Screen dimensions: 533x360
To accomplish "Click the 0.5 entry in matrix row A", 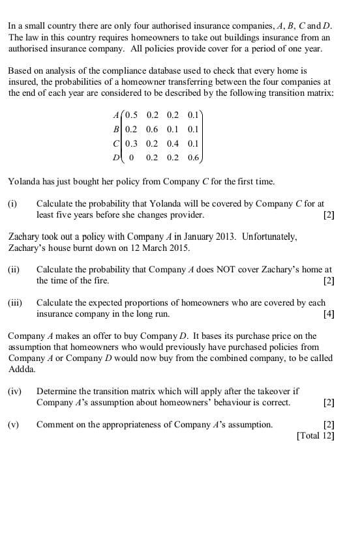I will [x=131, y=115].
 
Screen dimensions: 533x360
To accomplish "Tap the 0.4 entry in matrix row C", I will [x=173, y=143].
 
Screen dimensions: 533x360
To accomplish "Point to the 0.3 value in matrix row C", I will [x=131, y=143].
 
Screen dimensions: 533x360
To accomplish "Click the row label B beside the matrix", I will [x=116, y=129].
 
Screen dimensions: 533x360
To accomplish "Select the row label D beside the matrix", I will [x=116, y=157].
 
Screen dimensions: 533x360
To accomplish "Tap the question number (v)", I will [x=14, y=425].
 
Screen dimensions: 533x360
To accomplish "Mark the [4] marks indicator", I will [x=329, y=314].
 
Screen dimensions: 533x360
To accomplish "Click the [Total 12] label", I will [x=316, y=435].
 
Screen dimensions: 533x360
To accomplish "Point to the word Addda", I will [x=22, y=368].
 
